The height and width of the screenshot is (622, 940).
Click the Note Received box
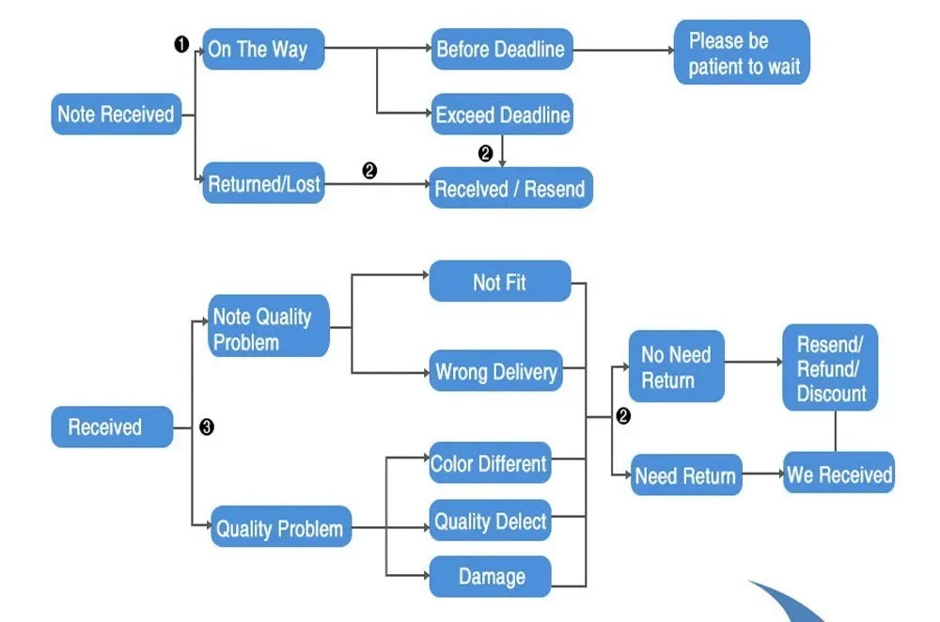coord(116,115)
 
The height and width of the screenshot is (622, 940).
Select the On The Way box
coord(263,50)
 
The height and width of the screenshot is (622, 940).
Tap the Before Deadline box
coord(501,50)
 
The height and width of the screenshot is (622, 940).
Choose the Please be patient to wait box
coord(742,53)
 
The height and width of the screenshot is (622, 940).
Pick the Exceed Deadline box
coord(502,116)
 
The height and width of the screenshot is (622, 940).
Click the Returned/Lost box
coord(263,184)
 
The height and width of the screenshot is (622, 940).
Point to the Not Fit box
coord(500,282)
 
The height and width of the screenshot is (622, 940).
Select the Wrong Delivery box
coord(496,372)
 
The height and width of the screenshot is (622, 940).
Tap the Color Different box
coord(489,464)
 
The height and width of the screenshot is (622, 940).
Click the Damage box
coord(491,576)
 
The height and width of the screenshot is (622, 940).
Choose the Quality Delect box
coord(490,521)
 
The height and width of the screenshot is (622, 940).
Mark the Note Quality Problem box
coord(269,328)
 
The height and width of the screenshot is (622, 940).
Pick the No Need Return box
coord(676,366)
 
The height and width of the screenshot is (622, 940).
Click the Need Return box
coord(685,475)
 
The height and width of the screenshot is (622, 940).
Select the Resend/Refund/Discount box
coord(831,368)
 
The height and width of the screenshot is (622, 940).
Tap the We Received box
coord(838,474)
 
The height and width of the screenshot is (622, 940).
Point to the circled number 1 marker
coord(181,44)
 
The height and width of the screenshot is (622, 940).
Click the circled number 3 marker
coord(207,428)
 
